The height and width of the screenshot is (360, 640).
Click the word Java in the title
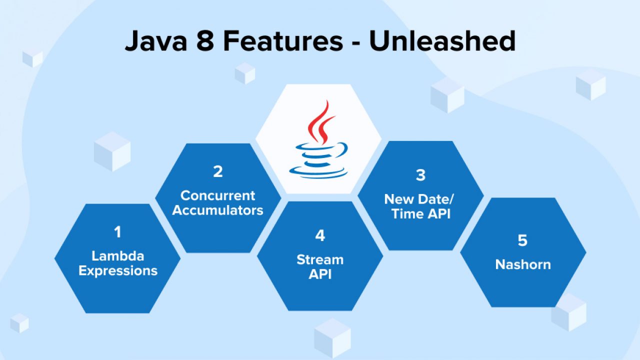156,41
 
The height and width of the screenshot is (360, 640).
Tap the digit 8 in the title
205,41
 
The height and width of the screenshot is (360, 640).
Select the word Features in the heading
283,41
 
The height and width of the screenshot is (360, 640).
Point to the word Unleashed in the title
442,40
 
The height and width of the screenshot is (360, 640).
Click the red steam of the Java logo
320,123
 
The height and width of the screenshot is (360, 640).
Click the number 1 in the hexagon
117,231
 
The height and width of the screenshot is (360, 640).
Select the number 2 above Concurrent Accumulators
217,171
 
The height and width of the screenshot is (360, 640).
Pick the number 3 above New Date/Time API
420,175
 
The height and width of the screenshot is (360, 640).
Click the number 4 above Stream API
320,235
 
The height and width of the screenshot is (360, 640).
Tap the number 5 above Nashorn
522,240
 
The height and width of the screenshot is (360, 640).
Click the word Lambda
117,255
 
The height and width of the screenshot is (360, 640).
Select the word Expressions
118,271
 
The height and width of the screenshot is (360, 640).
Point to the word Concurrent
217,195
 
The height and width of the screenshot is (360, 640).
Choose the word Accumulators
217,210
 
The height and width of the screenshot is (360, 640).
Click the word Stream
320,259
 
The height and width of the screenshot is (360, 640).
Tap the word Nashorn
523,264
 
